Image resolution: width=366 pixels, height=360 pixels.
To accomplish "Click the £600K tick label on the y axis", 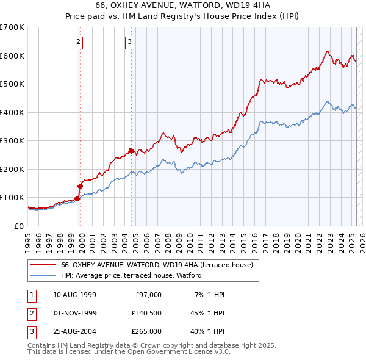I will coord(12,56).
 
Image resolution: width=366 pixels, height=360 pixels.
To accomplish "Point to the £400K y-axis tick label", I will coord(12,112).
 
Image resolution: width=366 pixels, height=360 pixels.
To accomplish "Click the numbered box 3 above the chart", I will coord(130,42).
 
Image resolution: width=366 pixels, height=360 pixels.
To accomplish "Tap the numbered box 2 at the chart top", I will coord(80,42).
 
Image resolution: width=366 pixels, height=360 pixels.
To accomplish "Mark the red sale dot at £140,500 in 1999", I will coord(80,186).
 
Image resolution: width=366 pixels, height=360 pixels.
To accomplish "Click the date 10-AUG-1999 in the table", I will coord(74,295).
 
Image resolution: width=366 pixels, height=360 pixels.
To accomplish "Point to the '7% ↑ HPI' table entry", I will coord(209,295).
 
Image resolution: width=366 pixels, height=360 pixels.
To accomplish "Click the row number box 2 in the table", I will coord(31,313).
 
